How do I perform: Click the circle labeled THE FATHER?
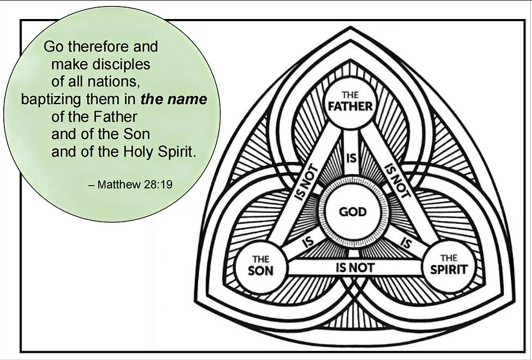coord(350,102)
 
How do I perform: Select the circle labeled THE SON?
coord(260,266)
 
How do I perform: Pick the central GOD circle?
coord(353,211)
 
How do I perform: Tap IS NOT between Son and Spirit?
coord(355,267)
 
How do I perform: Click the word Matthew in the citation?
coord(119,185)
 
